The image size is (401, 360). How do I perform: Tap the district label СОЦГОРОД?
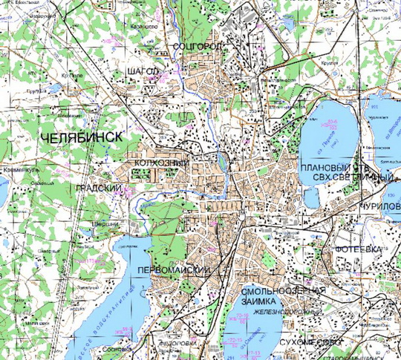click(197, 46)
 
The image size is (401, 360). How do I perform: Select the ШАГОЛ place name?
click(143, 69)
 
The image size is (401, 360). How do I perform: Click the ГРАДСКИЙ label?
click(98, 189)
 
